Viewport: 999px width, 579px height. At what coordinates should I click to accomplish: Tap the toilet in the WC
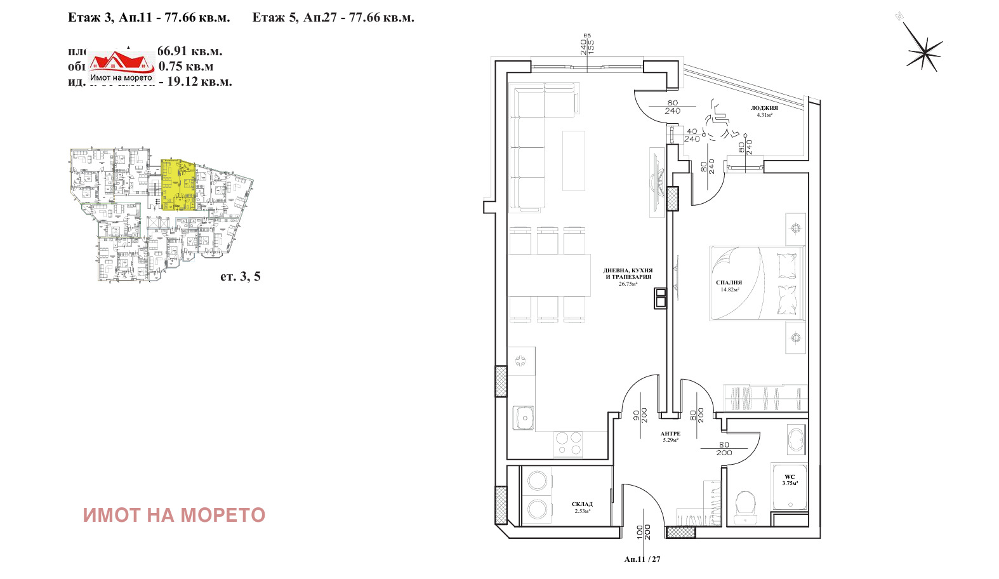[745, 505]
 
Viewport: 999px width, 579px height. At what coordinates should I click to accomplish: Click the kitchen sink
[524, 418]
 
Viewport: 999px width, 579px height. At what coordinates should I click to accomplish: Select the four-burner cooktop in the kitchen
[568, 444]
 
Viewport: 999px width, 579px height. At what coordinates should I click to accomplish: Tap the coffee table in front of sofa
[574, 161]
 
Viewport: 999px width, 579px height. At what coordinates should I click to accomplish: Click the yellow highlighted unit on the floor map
[178, 185]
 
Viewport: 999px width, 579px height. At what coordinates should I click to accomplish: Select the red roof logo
[121, 63]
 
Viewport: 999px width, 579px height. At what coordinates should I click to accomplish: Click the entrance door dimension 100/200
[644, 532]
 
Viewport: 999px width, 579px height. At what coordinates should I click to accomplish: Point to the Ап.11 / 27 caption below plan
[642, 559]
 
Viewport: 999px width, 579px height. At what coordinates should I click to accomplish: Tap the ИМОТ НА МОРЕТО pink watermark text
[174, 515]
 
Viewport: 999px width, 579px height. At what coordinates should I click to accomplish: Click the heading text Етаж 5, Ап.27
[333, 18]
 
